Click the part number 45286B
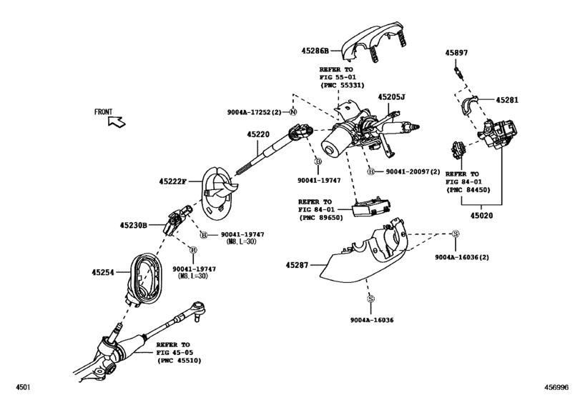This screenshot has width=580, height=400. [315, 51]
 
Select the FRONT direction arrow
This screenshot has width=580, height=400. [117, 121]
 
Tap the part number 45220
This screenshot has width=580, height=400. [258, 134]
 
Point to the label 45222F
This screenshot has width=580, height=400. [173, 181]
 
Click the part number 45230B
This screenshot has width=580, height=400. [134, 225]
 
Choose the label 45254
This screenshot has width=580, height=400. [103, 273]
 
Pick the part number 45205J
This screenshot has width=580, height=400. [391, 97]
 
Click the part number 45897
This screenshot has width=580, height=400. [456, 53]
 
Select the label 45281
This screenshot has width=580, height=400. [507, 100]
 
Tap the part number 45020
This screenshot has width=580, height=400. [481, 216]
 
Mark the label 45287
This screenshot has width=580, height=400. [297, 265]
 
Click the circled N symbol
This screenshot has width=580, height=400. [293, 112]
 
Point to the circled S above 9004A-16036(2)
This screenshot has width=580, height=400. [456, 234]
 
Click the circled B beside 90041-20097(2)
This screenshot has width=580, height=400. [370, 171]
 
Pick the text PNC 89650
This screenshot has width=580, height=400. [321, 218]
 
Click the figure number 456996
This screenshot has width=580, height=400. [556, 387]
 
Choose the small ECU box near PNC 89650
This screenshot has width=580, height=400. [371, 208]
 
